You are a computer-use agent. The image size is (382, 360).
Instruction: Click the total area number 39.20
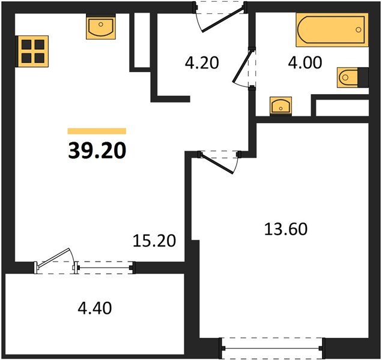pyautogui.click(x=97, y=151)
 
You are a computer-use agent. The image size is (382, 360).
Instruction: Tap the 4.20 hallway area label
pyautogui.click(x=202, y=62)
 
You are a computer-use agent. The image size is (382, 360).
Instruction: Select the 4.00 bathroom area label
pyautogui.click(x=305, y=62)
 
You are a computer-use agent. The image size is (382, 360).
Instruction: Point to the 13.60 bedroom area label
pyautogui.click(x=286, y=229)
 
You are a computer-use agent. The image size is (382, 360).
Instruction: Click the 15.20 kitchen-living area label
pyautogui.click(x=154, y=241)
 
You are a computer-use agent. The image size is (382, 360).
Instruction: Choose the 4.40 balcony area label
pyautogui.click(x=95, y=308)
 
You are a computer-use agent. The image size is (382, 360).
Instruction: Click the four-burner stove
pyautogui.click(x=32, y=52)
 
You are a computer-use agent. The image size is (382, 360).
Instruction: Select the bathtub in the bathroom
pyautogui.click(x=332, y=29)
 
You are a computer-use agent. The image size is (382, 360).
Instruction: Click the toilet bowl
pyautogui.click(x=348, y=77)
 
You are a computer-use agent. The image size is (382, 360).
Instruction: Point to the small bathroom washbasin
pyautogui.click(x=280, y=106)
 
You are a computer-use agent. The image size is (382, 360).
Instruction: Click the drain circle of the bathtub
pyautogui.click(x=359, y=29)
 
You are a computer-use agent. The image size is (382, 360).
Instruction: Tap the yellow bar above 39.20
pyautogui.click(x=97, y=131)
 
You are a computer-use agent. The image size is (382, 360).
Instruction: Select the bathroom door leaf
pyautogui.click(x=241, y=66)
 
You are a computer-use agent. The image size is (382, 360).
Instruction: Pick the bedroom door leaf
pyautogui.click(x=217, y=164)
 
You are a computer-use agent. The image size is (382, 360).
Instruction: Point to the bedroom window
pyautogui.click(x=272, y=349)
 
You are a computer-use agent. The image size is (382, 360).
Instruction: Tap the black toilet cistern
pyautogui.click(x=363, y=77)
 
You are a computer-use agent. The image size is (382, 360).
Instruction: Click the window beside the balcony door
pyautogui.click(x=105, y=268)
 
